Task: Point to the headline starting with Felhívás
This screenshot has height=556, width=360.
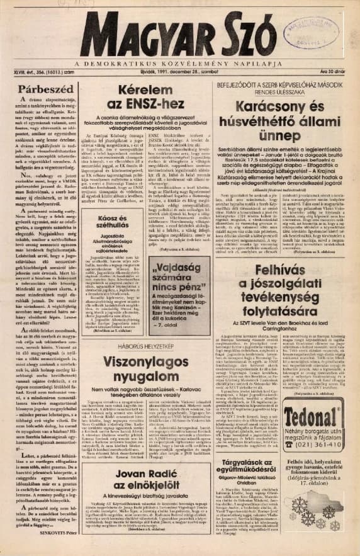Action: [x=284, y=291]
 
